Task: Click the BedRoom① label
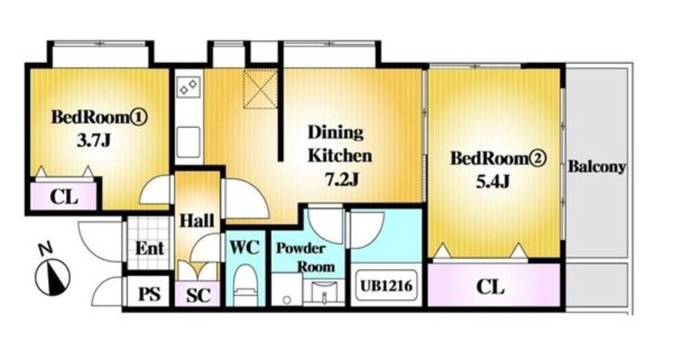(99, 117)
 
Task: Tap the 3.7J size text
(94, 140)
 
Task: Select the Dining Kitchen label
(340, 144)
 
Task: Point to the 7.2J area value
(342, 180)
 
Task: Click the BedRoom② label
(498, 159)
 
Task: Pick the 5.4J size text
(493, 182)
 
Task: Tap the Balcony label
(596, 167)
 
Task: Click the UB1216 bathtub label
(386, 285)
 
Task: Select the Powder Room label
(305, 257)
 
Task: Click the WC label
(245, 247)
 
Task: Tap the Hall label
(197, 221)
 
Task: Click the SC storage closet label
(199, 294)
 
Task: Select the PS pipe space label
(150, 294)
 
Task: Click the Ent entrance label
(150, 248)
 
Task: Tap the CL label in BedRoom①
(64, 198)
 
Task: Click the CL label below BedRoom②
(490, 287)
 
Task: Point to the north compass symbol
(52, 277)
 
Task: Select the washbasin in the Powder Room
(324, 292)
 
